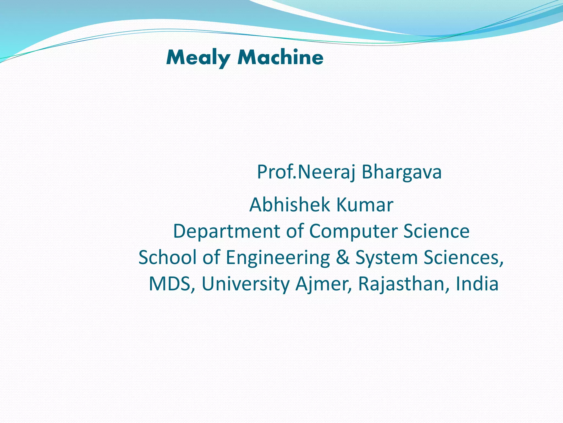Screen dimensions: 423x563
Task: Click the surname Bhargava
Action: (401, 172)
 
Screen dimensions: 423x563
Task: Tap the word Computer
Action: (353, 231)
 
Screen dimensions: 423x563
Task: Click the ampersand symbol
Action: (343, 257)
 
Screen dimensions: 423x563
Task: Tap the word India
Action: (477, 284)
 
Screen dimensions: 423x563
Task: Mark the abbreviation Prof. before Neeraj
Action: (276, 172)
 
